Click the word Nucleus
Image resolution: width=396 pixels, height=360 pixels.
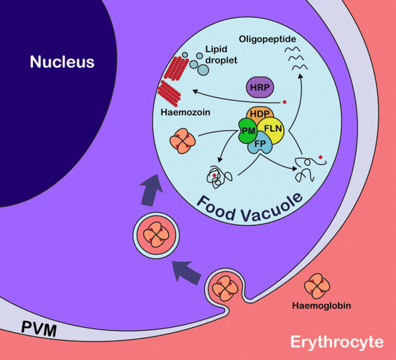62,61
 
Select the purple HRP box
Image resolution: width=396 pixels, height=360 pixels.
259,87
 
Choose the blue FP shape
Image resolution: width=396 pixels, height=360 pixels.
260,145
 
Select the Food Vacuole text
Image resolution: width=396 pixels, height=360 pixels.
249,206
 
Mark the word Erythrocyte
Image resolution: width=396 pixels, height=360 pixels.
337,342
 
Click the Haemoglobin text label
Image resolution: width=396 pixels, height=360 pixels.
321,306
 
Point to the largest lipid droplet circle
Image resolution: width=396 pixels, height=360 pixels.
204,69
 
